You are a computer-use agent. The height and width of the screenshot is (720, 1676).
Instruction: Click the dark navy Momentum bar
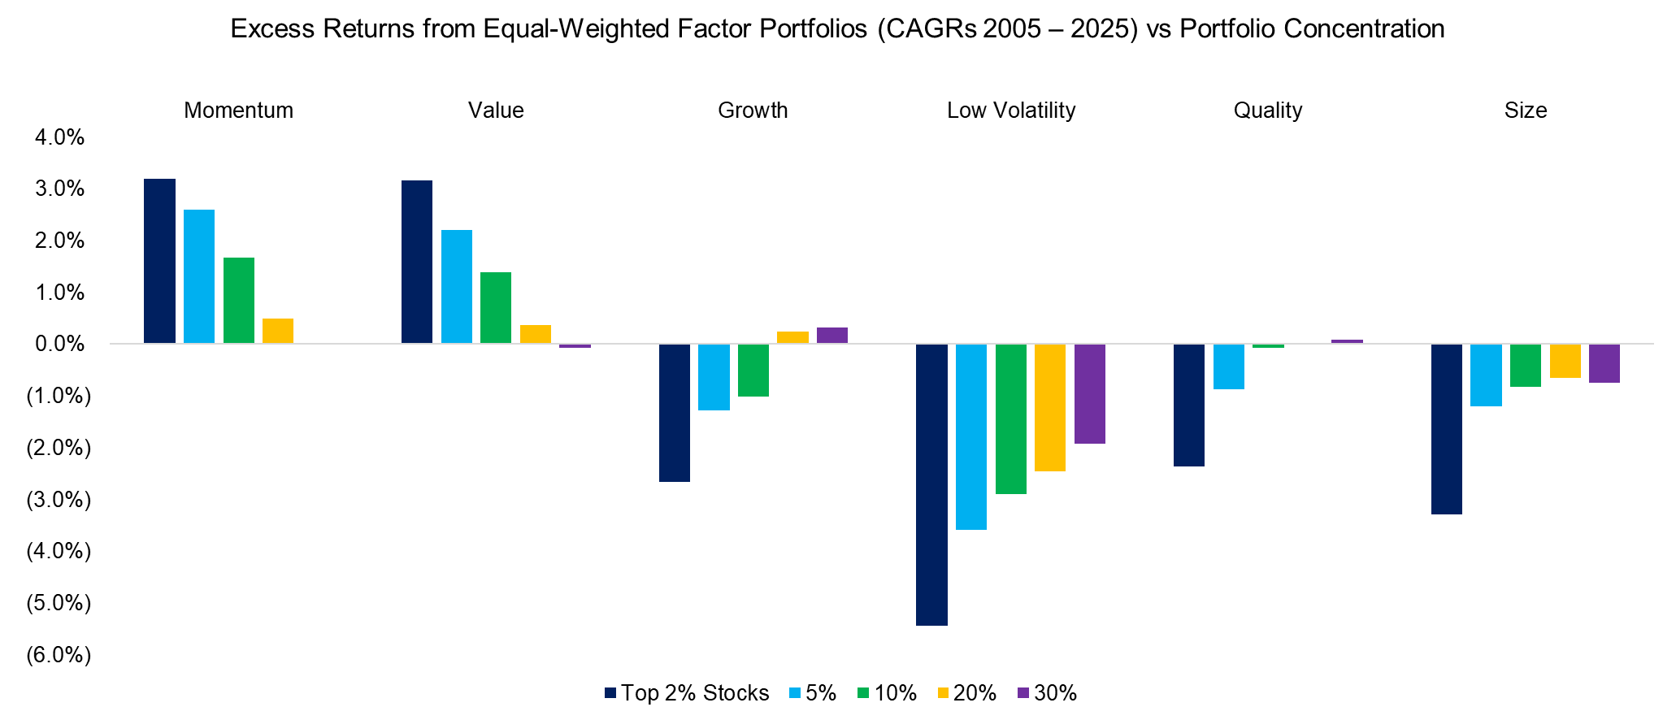pyautogui.click(x=159, y=261)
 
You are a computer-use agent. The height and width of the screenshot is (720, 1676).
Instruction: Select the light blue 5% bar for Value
pyautogui.click(x=456, y=287)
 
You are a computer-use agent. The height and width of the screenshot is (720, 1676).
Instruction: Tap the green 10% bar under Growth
pyautogui.click(x=753, y=371)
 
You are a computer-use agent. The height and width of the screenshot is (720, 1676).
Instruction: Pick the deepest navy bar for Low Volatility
pyautogui.click(x=931, y=484)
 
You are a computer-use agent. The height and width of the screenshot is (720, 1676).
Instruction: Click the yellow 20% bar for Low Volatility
pyautogui.click(x=1050, y=407)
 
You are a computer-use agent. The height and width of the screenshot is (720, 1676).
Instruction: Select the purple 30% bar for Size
pyautogui.click(x=1604, y=363)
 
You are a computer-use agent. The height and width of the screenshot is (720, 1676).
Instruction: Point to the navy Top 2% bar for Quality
pyautogui.click(x=1189, y=405)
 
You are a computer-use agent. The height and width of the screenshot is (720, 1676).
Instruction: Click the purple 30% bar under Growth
pyautogui.click(x=832, y=336)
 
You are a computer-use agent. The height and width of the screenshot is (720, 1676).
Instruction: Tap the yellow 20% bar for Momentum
pyautogui.click(x=278, y=331)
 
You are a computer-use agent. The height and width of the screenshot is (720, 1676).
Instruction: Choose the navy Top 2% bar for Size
pyautogui.click(x=1447, y=429)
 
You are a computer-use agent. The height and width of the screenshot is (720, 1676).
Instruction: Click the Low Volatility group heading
pyautogui.click(x=1010, y=111)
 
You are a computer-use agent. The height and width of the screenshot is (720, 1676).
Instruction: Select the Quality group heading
pyautogui.click(x=1267, y=111)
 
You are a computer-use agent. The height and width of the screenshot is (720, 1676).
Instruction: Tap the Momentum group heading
pyautogui.click(x=238, y=111)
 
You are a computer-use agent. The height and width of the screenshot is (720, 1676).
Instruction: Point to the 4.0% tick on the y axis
pyautogui.click(x=59, y=137)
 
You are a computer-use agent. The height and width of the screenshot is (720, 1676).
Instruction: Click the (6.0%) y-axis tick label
pyautogui.click(x=59, y=655)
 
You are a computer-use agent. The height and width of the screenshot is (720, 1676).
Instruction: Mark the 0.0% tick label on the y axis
pyautogui.click(x=59, y=344)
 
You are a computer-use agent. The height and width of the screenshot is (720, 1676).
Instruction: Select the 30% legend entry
pyautogui.click(x=1047, y=693)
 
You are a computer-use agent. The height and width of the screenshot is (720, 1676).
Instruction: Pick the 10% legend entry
pyautogui.click(x=887, y=693)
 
